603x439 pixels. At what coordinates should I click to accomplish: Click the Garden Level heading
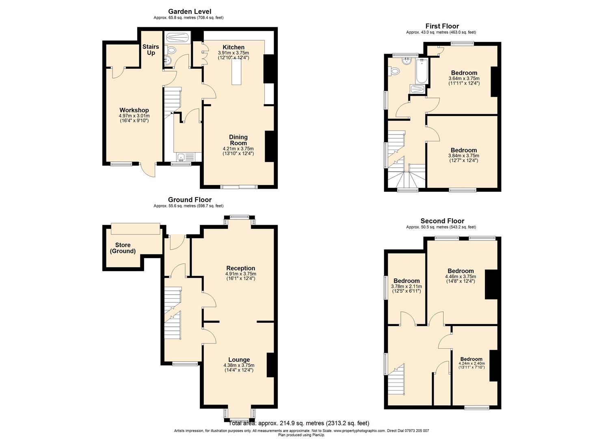tap(190, 11)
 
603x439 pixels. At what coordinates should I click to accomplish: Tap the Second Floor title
tap(442, 221)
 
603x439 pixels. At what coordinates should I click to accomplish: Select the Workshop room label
tap(134, 110)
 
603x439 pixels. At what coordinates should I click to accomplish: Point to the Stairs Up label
tap(151, 50)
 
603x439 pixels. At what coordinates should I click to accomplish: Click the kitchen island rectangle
tap(236, 72)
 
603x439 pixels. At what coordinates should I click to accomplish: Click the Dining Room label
tap(238, 140)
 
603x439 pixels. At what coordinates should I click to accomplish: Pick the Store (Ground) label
tap(123, 248)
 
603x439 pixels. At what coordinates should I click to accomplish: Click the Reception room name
tap(241, 268)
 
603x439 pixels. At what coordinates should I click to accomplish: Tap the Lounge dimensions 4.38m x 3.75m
tap(239, 365)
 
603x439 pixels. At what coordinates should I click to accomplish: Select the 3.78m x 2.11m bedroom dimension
tap(406, 286)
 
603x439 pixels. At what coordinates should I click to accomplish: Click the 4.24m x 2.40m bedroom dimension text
tap(471, 363)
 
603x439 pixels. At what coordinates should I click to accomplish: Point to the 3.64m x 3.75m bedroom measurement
tap(464, 78)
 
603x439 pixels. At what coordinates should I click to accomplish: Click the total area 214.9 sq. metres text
tap(299, 423)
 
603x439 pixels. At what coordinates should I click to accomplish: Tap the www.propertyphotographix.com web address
tap(353, 430)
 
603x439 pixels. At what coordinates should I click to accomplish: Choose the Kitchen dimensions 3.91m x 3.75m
tap(233, 53)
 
